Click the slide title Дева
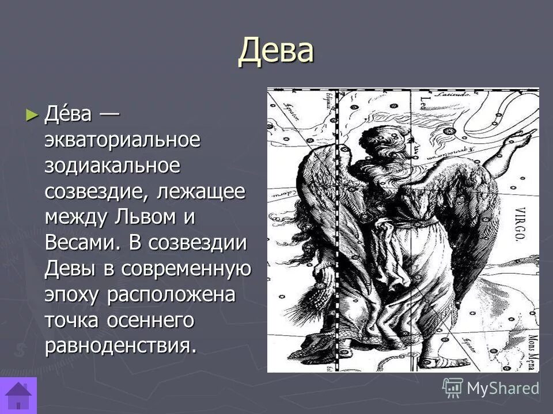pos(276,50)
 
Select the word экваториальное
pos(123,140)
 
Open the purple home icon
pos(18,396)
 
